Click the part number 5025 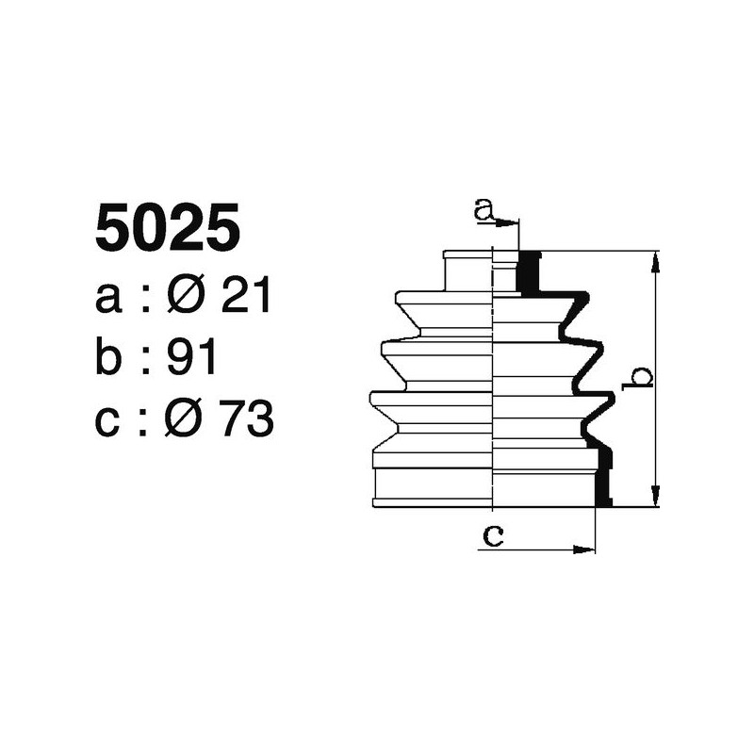(x=167, y=229)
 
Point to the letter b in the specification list (x=109, y=358)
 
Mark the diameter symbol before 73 (x=186, y=419)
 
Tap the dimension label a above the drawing (x=484, y=209)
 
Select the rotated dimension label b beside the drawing (x=640, y=377)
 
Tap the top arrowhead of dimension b (x=656, y=260)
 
